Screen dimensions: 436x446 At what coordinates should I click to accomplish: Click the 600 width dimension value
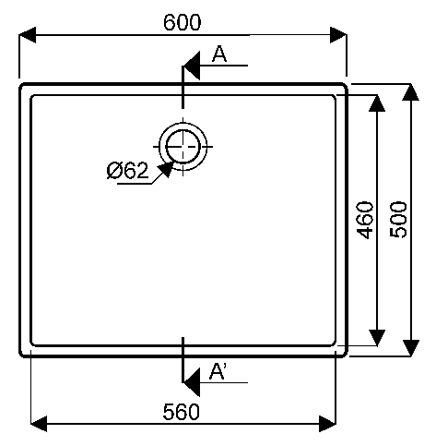(x=183, y=22)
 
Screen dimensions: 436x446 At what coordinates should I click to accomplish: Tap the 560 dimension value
(x=182, y=412)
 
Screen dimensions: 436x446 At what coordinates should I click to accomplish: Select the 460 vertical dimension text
(x=365, y=220)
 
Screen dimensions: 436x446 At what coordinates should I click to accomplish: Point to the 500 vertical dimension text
(x=398, y=220)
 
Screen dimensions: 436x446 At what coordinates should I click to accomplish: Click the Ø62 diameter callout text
(x=127, y=170)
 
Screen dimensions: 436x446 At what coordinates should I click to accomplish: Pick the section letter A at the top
(x=219, y=54)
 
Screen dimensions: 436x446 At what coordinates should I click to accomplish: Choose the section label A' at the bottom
(x=218, y=371)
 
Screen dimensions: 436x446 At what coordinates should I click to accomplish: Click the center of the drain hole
(x=183, y=147)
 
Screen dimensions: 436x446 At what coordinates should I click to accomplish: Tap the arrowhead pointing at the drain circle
(x=165, y=169)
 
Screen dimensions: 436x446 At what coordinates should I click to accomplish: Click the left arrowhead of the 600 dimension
(x=28, y=35)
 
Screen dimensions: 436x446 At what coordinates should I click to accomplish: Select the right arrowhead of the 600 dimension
(x=338, y=35)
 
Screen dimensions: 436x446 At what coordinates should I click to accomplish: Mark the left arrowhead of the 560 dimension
(x=39, y=424)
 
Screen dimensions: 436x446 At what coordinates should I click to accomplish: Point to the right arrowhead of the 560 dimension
(x=328, y=424)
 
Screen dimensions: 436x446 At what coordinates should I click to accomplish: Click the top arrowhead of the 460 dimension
(x=377, y=103)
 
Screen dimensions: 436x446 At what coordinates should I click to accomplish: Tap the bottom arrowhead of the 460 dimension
(x=377, y=338)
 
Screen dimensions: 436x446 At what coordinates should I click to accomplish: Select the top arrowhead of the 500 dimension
(x=411, y=92)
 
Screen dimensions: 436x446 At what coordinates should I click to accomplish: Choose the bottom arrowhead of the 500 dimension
(x=411, y=348)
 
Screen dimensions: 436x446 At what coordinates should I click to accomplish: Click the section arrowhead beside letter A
(x=192, y=66)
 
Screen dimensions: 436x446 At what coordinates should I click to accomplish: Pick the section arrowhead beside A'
(x=192, y=382)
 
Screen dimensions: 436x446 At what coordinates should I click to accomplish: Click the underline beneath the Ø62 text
(x=135, y=185)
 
